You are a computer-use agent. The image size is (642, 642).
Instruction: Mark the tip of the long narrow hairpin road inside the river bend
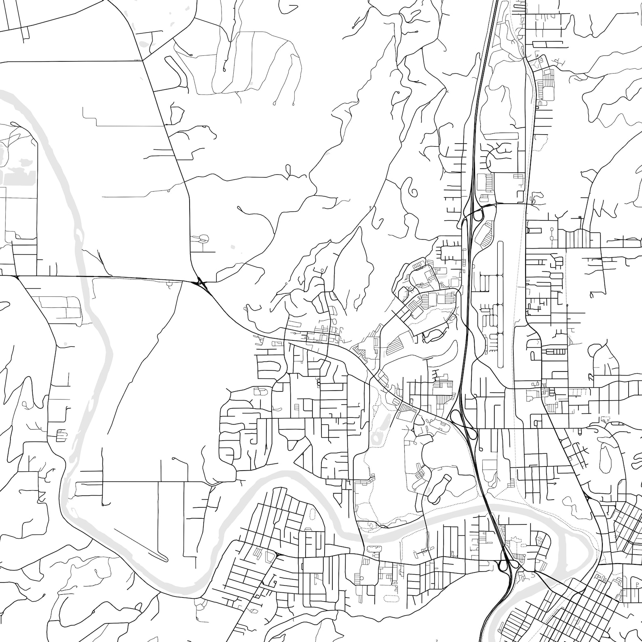[165, 560]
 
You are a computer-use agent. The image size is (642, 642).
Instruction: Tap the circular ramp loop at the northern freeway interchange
[478, 214]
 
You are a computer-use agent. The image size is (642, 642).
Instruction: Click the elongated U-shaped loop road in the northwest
[177, 73]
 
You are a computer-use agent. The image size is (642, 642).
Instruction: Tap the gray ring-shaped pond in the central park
[377, 437]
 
